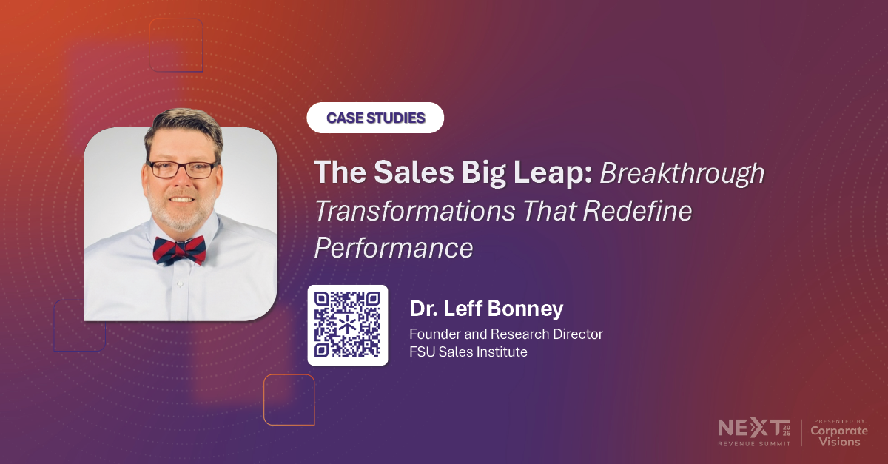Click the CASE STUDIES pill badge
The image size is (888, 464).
(375, 118)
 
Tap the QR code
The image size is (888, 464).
(347, 324)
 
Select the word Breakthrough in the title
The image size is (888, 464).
(682, 172)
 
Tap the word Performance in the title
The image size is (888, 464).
(394, 248)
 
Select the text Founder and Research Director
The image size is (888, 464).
(506, 334)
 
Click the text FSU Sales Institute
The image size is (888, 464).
(468, 352)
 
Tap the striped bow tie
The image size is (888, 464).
(180, 249)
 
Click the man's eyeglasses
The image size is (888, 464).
(181, 168)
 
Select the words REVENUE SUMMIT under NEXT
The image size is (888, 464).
(753, 443)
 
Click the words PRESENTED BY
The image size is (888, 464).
(838, 420)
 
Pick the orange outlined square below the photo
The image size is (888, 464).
(289, 400)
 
